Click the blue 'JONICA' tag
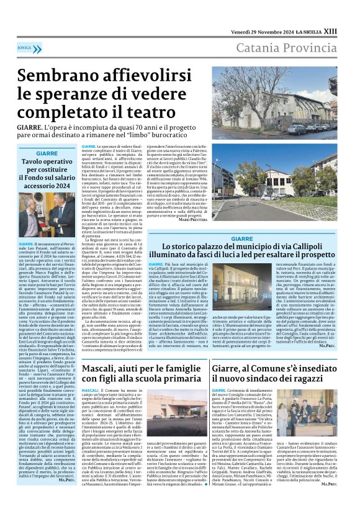(25, 47)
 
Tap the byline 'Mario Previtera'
(193, 220)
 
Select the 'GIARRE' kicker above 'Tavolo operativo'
(47, 153)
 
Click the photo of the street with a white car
(274, 184)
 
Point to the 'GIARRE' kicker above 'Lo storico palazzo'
(242, 238)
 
